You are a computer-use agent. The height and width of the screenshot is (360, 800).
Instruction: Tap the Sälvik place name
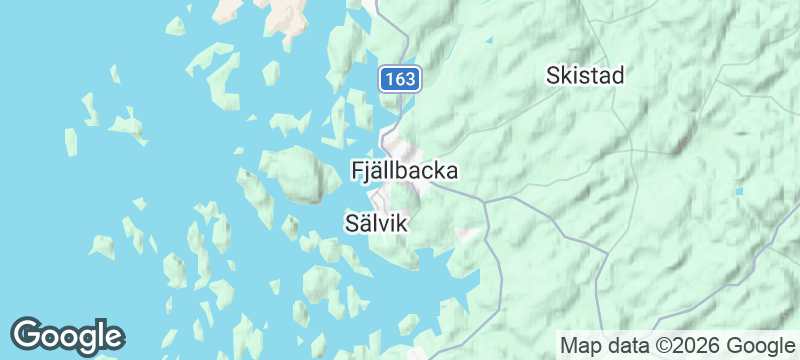coord(376,222)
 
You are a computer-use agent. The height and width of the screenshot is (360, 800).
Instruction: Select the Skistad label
coord(585,75)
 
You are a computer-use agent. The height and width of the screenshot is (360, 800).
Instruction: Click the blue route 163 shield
coord(400,78)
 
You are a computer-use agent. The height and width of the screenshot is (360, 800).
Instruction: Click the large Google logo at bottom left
coord(67,335)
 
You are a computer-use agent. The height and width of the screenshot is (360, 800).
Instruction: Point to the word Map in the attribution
coord(582,345)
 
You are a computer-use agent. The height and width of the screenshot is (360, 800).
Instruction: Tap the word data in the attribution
coord(629,345)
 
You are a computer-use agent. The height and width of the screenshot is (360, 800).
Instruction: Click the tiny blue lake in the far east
coord(739,191)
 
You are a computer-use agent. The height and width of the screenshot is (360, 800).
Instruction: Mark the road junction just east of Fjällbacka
coord(484,201)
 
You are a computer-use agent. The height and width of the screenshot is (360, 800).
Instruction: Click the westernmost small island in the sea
coord(71,142)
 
